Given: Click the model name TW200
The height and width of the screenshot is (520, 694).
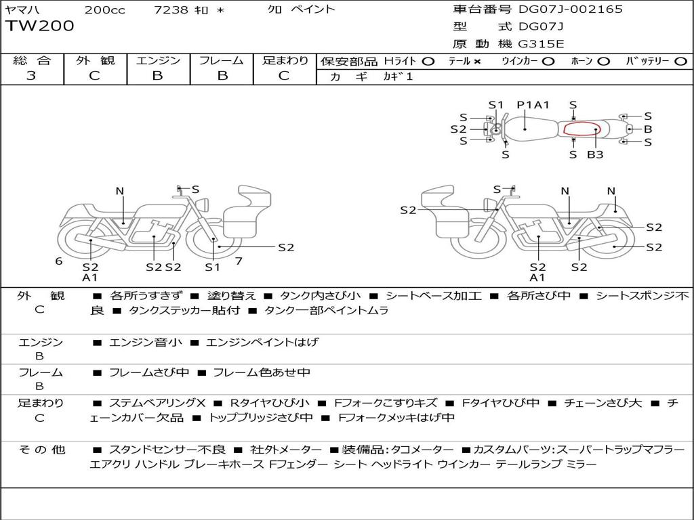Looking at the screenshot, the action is click(39, 26).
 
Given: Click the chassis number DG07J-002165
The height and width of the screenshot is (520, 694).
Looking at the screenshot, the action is click(571, 9).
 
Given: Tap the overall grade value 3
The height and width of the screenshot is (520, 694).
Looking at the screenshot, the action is click(31, 76).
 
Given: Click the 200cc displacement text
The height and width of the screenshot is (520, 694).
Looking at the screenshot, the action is click(105, 9).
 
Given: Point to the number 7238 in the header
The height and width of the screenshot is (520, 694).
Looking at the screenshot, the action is click(171, 9).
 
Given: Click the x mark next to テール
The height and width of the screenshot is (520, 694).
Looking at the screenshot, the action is click(476, 62).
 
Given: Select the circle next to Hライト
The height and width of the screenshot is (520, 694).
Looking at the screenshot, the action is click(428, 62).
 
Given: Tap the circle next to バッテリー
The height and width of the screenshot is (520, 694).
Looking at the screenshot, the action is click(680, 62).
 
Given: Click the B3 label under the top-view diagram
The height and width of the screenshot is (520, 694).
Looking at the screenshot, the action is click(595, 155).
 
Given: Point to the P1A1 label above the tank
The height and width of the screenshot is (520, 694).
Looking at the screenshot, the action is click(533, 105).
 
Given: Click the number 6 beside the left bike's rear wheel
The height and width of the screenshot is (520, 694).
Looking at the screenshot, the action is click(59, 261).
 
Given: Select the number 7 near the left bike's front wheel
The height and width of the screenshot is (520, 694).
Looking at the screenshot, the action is click(239, 261).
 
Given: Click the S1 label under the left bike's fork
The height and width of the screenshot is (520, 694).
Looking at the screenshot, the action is click(212, 267).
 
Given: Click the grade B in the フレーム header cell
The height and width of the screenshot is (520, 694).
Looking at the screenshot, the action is click(222, 76).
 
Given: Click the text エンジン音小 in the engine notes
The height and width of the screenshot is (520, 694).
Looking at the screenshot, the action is click(146, 342).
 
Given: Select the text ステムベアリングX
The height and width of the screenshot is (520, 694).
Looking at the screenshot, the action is click(157, 403).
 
